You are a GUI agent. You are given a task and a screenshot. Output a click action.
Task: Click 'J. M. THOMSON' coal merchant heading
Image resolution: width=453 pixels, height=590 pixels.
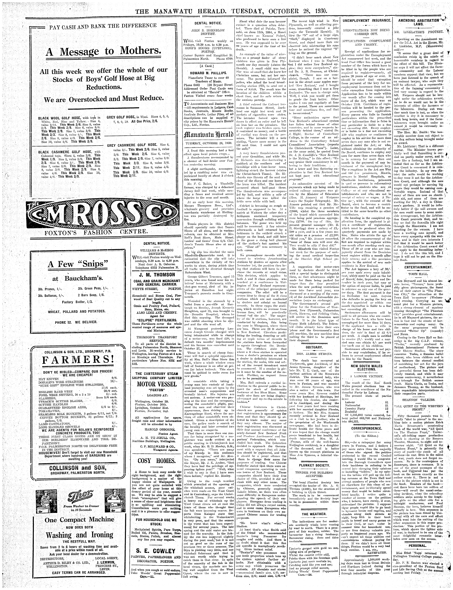coord(156,275)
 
